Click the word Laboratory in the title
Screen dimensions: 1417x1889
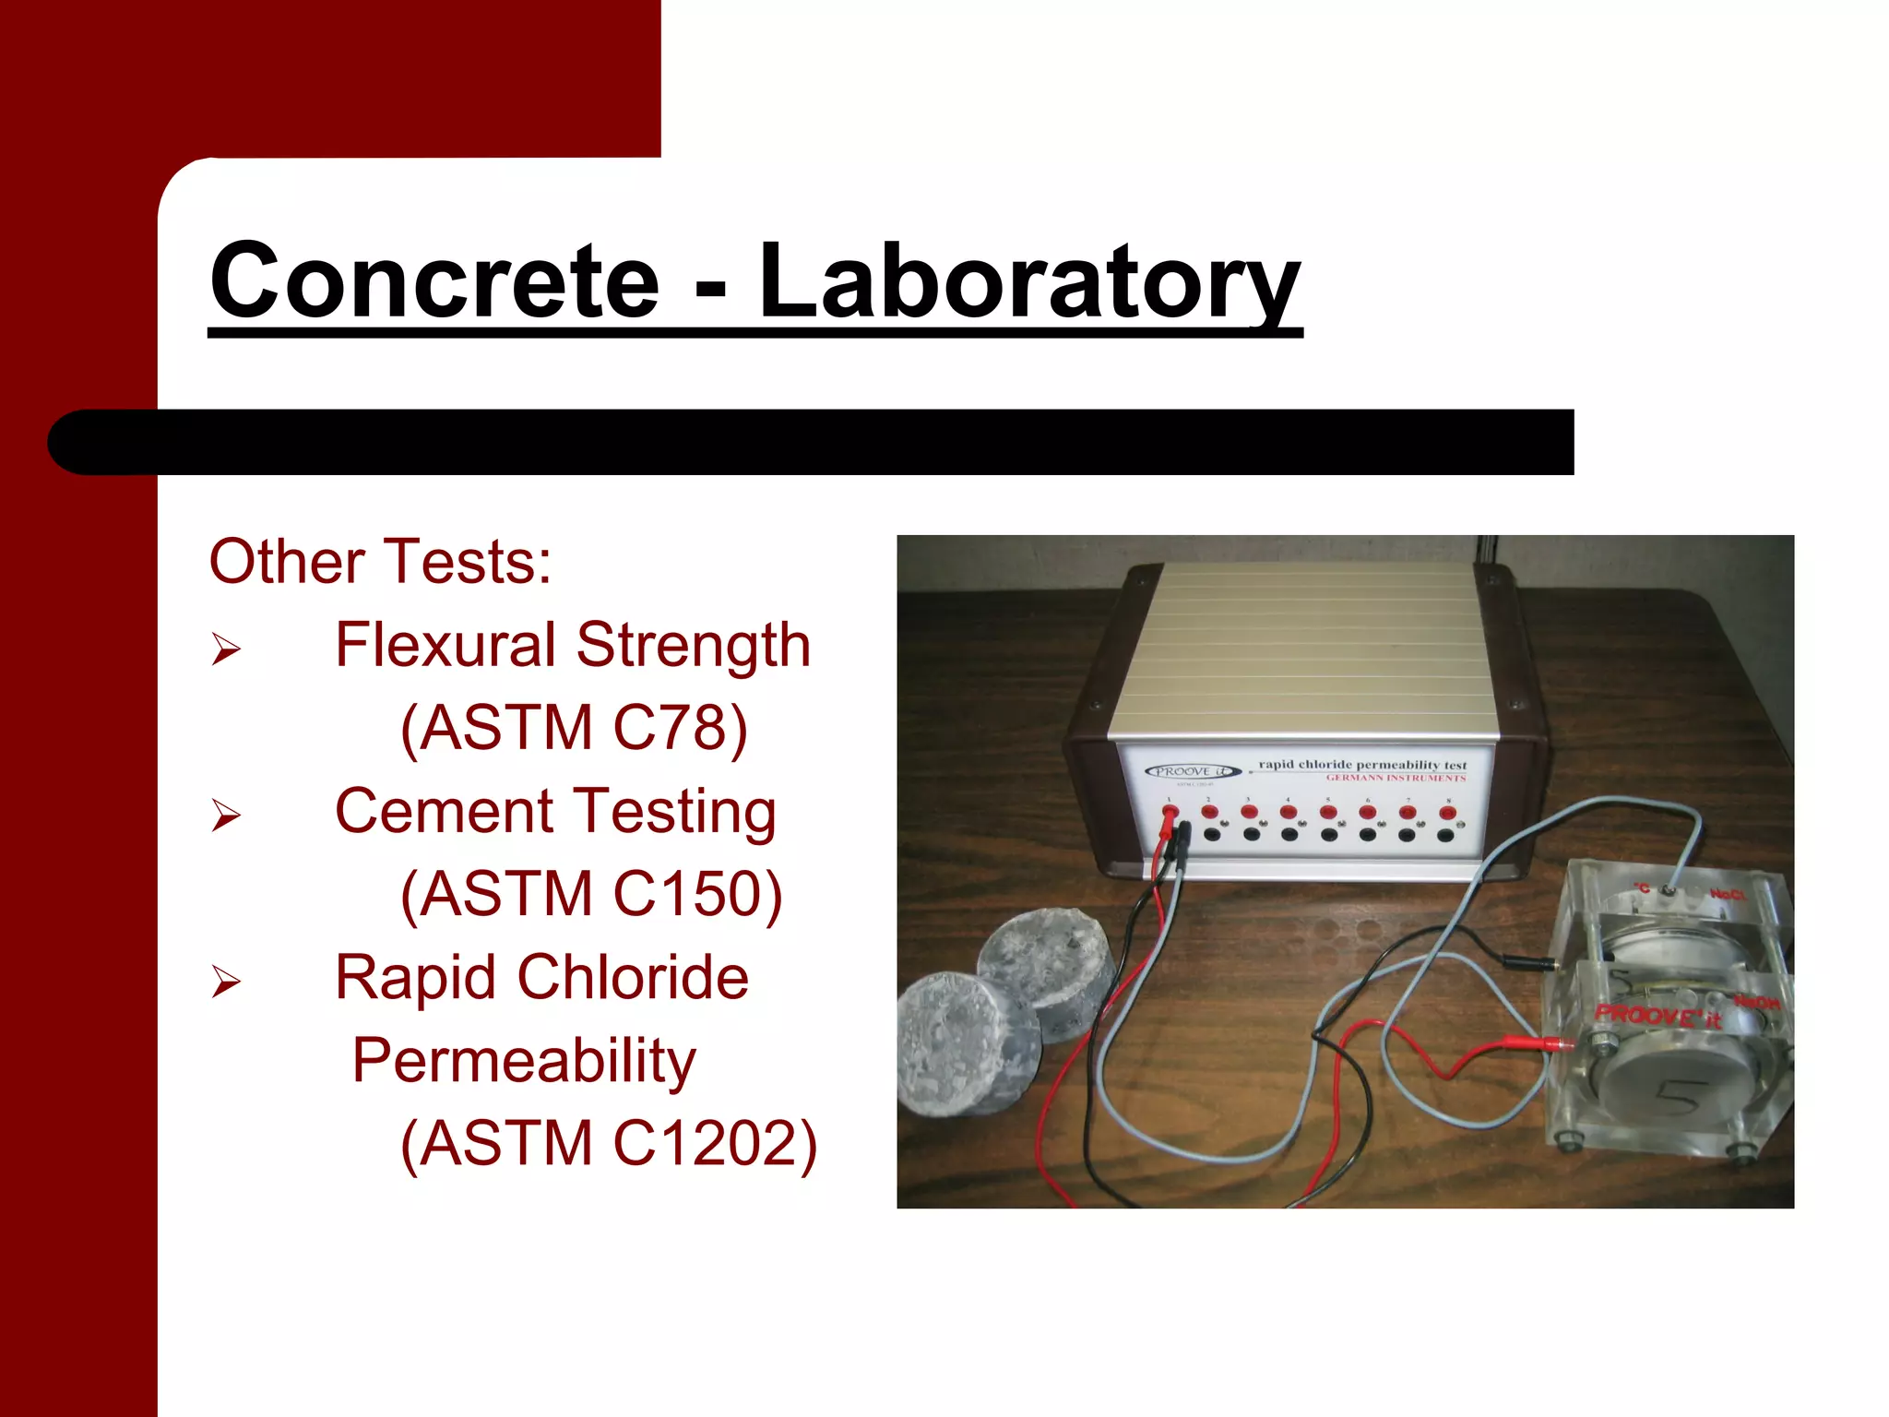[1028, 281]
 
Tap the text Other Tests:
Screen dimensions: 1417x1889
[380, 561]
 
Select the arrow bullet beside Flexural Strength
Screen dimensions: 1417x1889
[226, 649]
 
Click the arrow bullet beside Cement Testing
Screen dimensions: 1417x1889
[226, 815]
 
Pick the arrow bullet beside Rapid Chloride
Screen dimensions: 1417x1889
[226, 982]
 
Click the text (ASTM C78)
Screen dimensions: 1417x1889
[574, 728]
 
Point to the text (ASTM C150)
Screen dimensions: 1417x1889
[591, 894]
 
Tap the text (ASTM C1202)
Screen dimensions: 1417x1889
[609, 1144]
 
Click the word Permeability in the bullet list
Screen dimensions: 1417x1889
[524, 1061]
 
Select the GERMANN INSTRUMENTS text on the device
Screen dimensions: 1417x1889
[1396, 779]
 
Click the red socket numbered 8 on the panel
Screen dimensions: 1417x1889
[1447, 813]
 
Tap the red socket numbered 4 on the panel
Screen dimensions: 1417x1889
[1289, 812]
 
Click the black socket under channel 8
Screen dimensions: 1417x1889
[1445, 836]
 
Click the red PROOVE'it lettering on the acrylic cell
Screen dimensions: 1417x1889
[1657, 1016]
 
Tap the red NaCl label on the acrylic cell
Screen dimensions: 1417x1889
[1726, 894]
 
